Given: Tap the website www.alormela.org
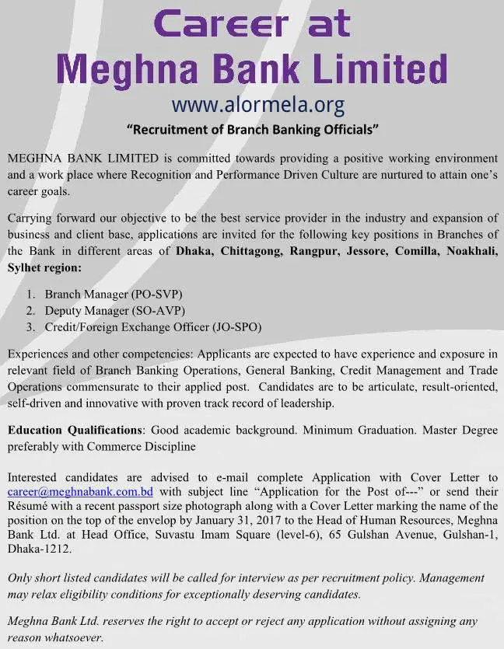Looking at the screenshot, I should (x=257, y=104).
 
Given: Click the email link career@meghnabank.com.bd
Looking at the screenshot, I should (x=80, y=492).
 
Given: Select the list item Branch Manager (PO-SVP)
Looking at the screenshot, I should (x=114, y=295).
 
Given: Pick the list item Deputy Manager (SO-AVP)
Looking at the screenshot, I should (x=115, y=311).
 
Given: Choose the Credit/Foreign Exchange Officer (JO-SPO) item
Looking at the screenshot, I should (x=153, y=327).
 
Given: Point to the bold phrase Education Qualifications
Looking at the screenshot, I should (x=75, y=430).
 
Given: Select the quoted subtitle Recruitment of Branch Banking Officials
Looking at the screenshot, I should (x=252, y=128).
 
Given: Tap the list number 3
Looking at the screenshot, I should (x=30, y=327).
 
